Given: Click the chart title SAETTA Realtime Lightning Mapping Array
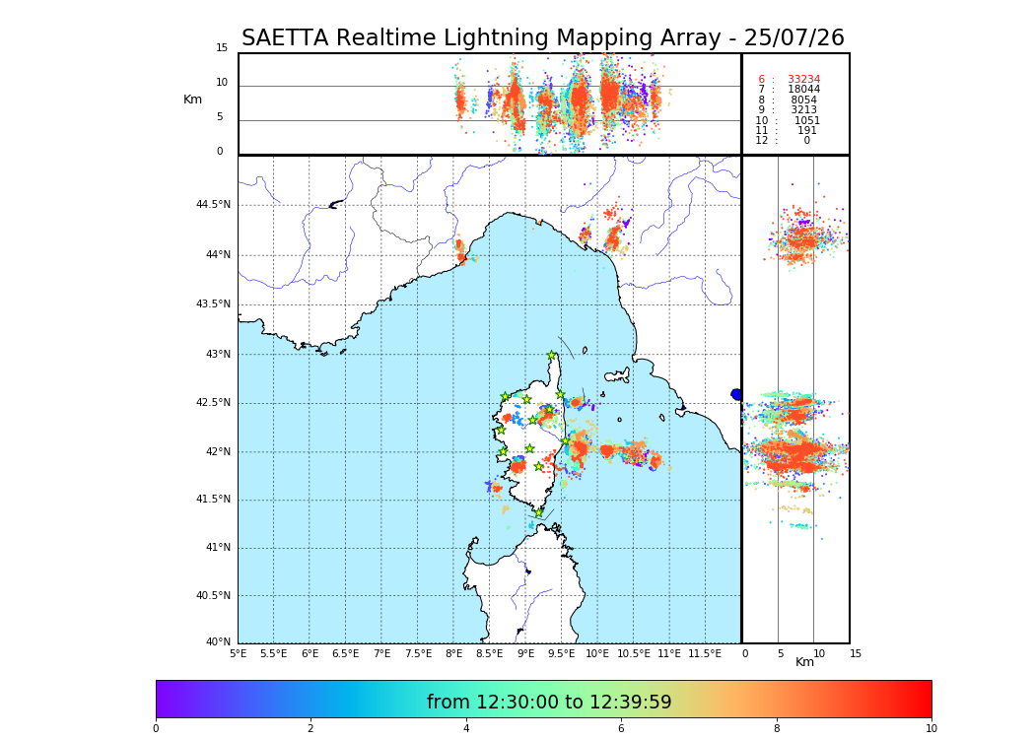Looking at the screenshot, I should [x=542, y=38].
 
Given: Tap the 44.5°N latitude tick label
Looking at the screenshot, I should [x=213, y=205].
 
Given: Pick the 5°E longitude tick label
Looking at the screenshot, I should [x=238, y=654].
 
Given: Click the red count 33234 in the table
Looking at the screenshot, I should [x=803, y=80].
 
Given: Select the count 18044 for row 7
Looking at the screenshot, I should [x=803, y=90].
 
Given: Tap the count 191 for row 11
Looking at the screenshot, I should [x=807, y=131].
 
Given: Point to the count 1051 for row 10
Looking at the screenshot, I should [x=807, y=121].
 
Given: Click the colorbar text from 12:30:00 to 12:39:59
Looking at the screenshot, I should [x=549, y=703].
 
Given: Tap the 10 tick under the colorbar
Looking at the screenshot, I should [x=931, y=729].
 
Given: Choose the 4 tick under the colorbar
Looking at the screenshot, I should [x=466, y=729].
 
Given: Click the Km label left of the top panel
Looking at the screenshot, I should [x=192, y=100].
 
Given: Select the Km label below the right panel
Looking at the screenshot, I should [x=804, y=662].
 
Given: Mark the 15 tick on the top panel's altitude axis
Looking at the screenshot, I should [x=222, y=48].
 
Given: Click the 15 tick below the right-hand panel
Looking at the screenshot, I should [x=856, y=654].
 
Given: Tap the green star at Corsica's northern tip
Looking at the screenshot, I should [x=552, y=356].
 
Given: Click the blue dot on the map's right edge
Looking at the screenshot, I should [x=736, y=394].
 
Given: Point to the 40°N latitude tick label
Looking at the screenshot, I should [x=218, y=642].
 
